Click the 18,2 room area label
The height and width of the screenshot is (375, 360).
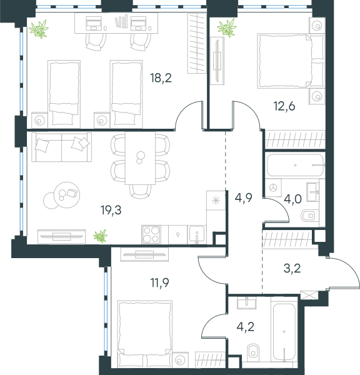pos(161,78)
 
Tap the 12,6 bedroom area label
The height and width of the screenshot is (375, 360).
pos(284,106)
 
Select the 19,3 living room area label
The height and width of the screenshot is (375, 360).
pos(111,210)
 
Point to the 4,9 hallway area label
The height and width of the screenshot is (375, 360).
pos(244,197)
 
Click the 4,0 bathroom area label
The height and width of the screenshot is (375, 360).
pos(292,199)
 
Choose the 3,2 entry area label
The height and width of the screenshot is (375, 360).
pos(292,268)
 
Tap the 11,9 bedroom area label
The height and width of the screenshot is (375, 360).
pos(159,282)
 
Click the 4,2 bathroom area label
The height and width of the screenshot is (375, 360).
pos(246,327)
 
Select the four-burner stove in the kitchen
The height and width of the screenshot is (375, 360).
pos(151,234)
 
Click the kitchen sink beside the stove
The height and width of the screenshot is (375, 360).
pos(197,234)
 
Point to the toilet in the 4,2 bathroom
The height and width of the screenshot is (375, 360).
pos(253,351)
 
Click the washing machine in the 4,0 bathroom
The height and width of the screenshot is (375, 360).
pos(273,187)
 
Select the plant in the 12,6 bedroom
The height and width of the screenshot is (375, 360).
pos(227,27)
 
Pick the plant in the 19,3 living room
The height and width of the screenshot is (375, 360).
pos(100,236)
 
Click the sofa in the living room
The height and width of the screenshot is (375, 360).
pos(61,147)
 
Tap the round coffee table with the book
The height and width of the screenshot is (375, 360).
pos(67,194)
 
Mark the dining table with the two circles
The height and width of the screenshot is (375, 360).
pos(140,158)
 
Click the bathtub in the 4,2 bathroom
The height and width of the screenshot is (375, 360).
pos(284,332)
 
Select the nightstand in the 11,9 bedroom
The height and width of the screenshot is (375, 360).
pos(180,359)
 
